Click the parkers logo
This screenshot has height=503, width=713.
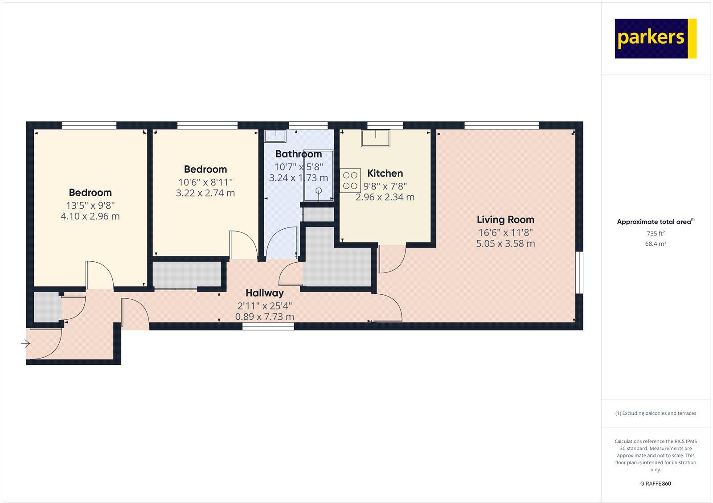pos(655,38)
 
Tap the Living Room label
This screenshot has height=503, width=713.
pos(505,219)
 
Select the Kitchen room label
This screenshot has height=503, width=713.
pos(385,173)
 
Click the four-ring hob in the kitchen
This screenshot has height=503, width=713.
pos(350,181)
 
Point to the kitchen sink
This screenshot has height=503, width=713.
pos(375,138)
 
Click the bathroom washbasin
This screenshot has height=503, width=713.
pos(275,135)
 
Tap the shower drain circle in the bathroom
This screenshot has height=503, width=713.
pos(319,191)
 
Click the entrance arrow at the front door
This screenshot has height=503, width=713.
pos(25,344)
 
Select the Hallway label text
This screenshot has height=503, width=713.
pos(265,293)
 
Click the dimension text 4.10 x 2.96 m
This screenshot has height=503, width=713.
pos(90,216)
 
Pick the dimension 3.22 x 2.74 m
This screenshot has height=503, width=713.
pos(205,193)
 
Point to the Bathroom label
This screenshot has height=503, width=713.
pos(299,154)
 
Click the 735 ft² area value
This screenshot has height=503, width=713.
pos(656,233)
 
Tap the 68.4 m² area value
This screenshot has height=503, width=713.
pos(656,243)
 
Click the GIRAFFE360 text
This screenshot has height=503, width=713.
pos(656,483)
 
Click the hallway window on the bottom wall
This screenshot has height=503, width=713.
pos(268,326)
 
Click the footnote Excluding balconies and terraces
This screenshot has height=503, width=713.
pos(656,413)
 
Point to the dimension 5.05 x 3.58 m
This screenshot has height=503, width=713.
pos(505,243)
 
